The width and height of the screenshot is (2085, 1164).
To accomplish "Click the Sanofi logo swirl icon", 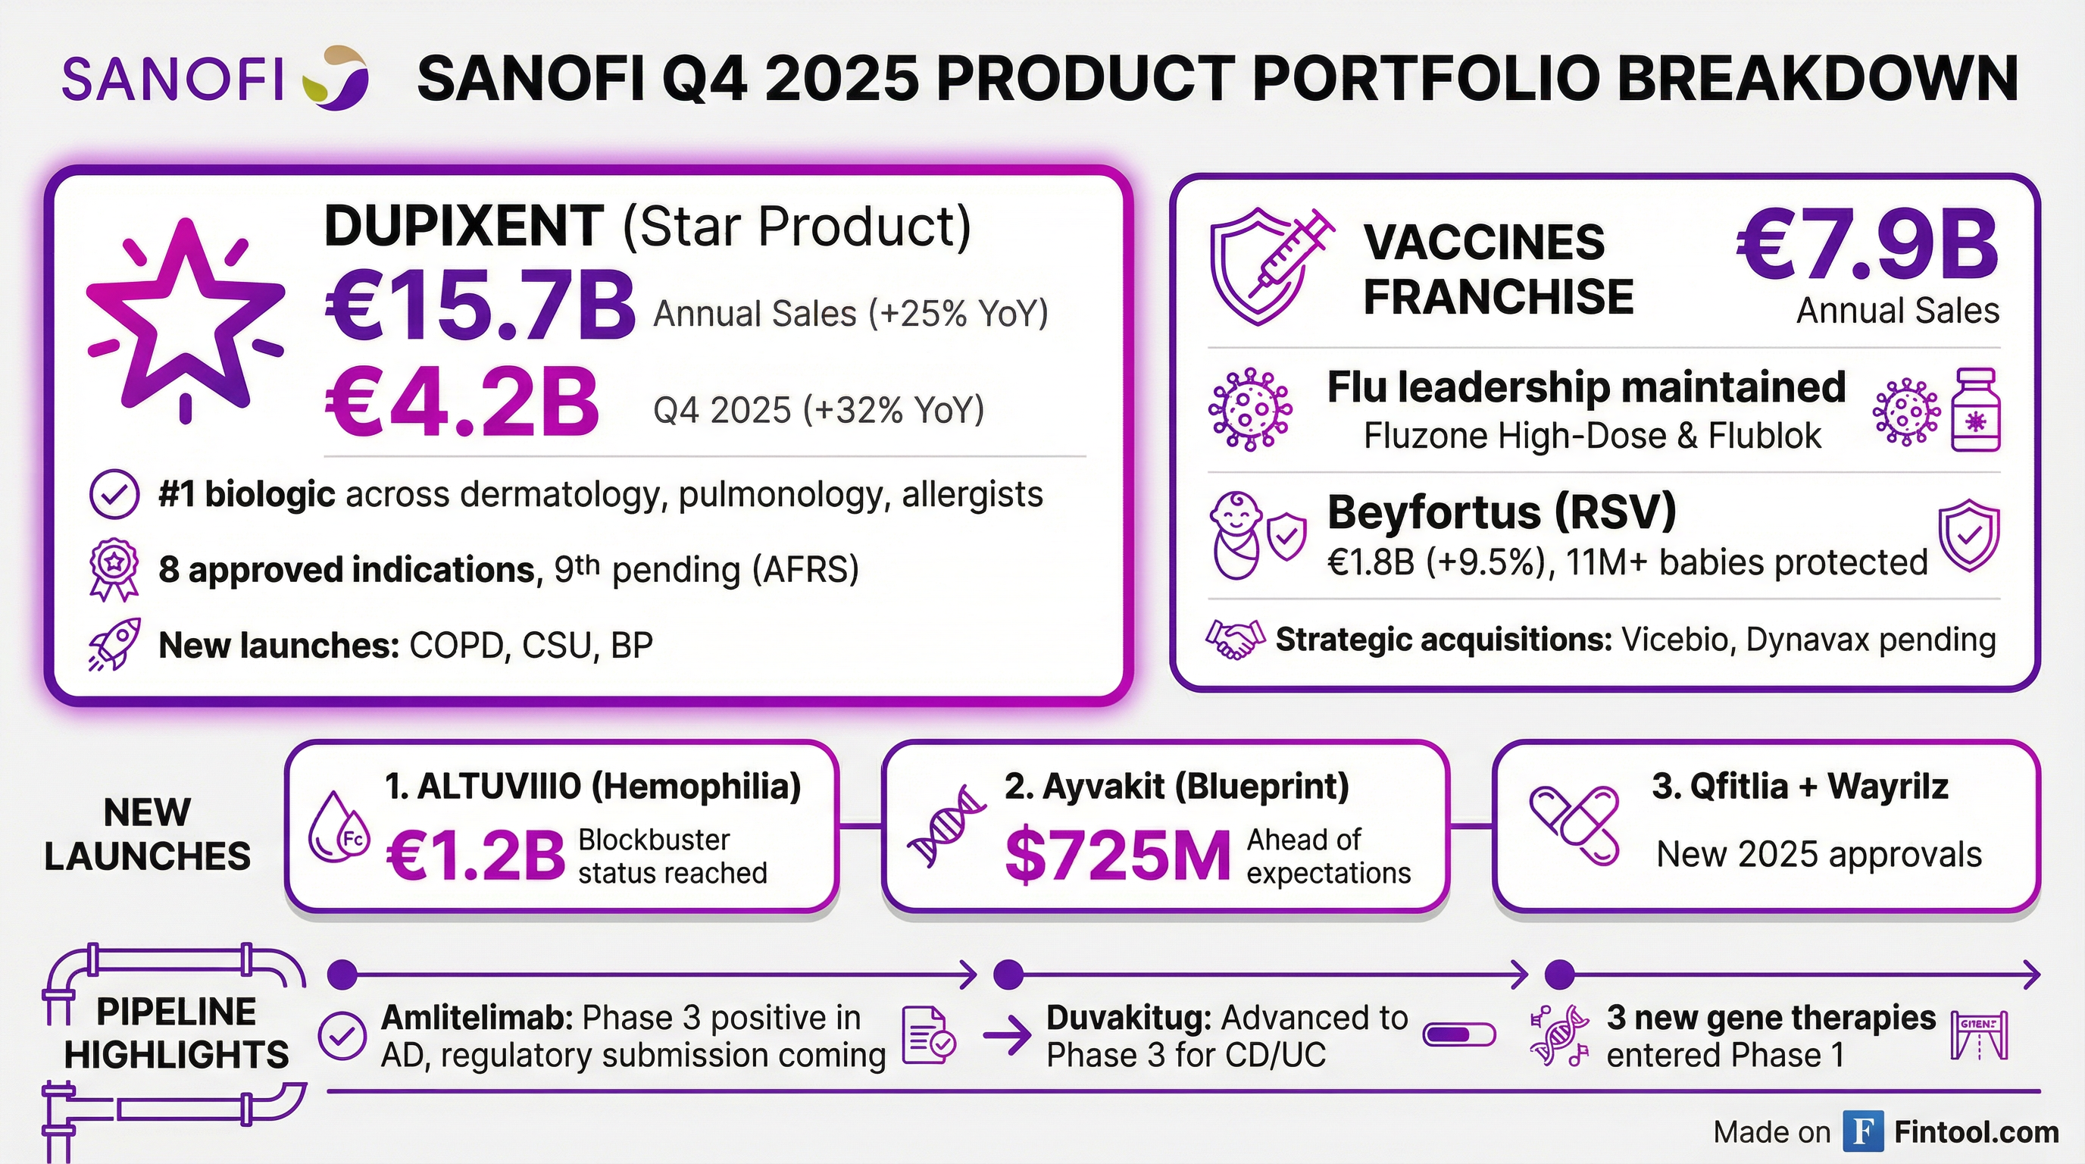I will [335, 78].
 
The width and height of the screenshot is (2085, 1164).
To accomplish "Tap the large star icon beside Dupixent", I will [186, 319].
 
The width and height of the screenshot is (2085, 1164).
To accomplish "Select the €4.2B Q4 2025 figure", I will [462, 403].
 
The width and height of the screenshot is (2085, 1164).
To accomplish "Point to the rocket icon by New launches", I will [114, 644].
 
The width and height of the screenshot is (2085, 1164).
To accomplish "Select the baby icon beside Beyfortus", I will [1236, 535].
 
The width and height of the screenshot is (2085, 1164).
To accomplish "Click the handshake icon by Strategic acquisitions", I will [1234, 640].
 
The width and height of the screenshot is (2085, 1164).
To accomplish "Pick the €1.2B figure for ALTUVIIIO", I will [476, 856].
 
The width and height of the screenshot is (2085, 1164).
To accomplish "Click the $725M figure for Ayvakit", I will [1117, 856].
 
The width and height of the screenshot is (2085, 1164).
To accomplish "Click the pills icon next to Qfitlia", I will [1574, 826].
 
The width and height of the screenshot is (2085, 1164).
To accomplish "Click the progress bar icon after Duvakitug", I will [1458, 1035].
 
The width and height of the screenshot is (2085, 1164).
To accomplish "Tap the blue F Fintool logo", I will [1862, 1131].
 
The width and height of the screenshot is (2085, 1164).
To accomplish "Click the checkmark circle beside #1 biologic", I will [114, 495].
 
